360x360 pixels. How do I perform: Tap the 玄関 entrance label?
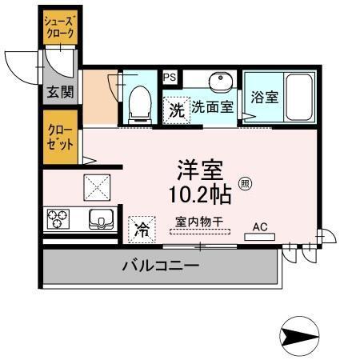[58, 91]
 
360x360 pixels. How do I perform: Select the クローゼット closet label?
[60, 138]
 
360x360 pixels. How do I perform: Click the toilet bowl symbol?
[139, 102]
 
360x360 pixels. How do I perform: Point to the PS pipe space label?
[170, 77]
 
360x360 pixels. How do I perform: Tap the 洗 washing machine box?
[175, 110]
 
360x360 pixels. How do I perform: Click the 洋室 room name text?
[200, 170]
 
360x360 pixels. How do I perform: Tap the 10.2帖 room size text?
[200, 194]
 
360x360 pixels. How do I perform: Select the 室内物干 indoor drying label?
[198, 222]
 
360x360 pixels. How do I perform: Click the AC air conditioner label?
[261, 226]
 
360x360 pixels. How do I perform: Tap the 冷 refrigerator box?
[142, 230]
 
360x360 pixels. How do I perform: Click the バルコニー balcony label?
[160, 266]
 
